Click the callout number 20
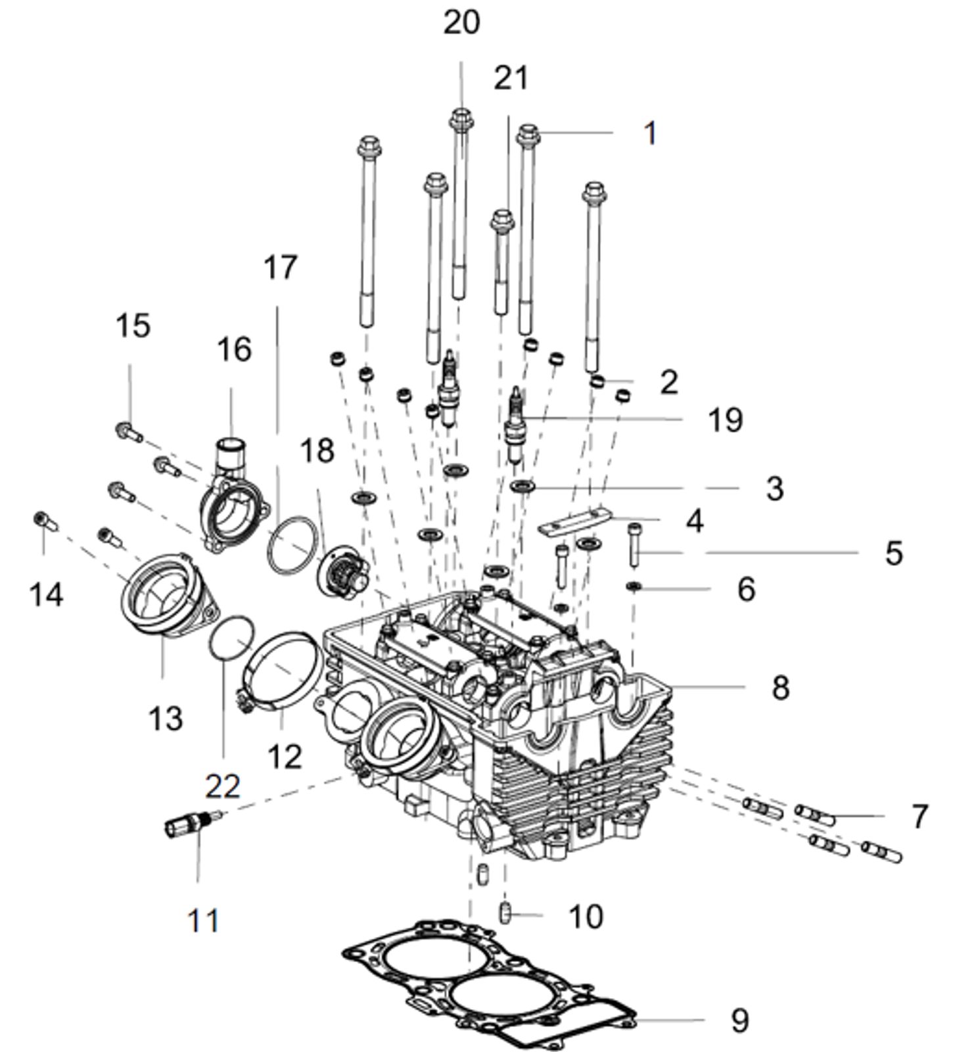point(461,24)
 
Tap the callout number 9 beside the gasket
point(739,1020)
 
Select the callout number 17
point(281,268)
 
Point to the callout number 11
point(203,920)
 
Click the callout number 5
point(893,553)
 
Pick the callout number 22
point(222,786)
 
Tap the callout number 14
point(47,595)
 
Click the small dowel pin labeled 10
point(505,913)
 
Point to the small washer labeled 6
point(634,585)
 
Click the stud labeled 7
point(815,816)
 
